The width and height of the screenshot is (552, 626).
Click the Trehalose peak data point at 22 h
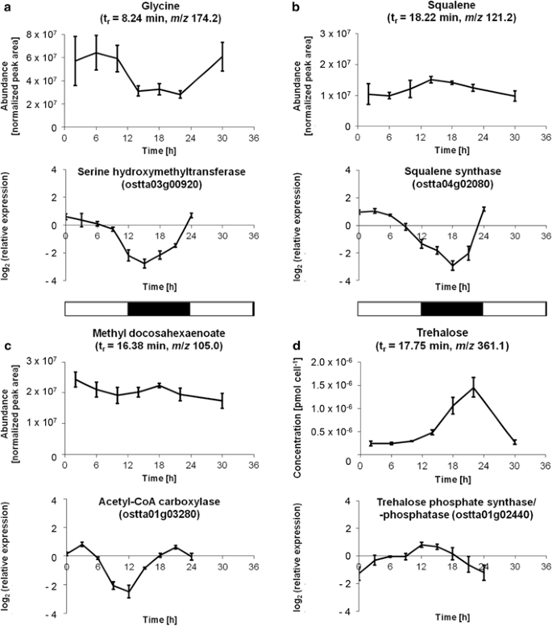click(x=473, y=387)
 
